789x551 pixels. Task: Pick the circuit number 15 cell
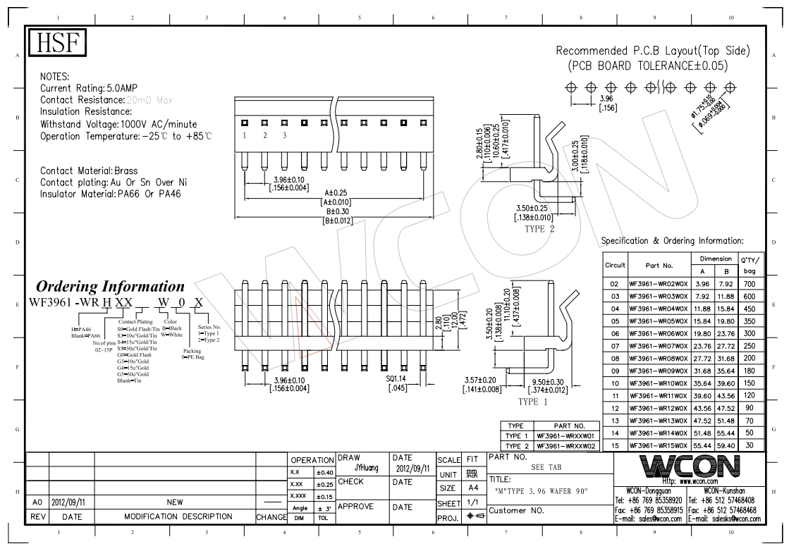(x=614, y=445)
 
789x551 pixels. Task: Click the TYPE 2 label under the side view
(x=540, y=229)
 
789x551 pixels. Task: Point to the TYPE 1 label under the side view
(x=533, y=402)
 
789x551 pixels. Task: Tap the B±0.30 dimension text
(x=338, y=211)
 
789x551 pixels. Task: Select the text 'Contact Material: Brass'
(x=89, y=171)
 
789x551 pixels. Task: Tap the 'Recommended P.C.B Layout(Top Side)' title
(x=653, y=51)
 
